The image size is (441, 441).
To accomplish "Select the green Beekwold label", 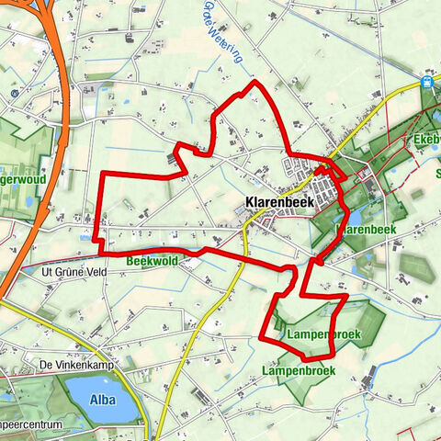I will [x=152, y=261].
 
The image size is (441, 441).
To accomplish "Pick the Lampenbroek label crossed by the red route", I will [x=322, y=333].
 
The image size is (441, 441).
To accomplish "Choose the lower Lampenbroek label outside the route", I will [x=298, y=370].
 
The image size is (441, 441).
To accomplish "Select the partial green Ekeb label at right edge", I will [x=428, y=140].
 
